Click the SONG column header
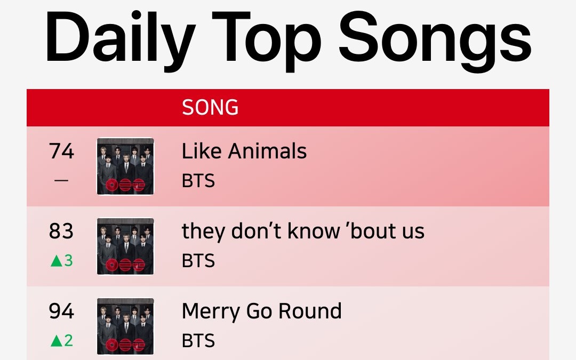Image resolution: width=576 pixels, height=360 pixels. (x=210, y=108)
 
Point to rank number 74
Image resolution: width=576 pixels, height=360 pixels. (x=61, y=151)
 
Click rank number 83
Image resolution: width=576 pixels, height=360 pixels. (x=61, y=231)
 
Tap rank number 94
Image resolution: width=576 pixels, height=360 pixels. (x=61, y=311)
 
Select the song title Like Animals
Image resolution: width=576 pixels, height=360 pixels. (x=244, y=151)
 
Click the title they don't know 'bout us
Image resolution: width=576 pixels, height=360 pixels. (x=303, y=231)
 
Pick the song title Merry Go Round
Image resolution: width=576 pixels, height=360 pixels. (x=261, y=311)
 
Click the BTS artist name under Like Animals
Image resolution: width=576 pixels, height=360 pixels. (x=198, y=181)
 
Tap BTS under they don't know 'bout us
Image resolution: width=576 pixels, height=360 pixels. (x=198, y=261)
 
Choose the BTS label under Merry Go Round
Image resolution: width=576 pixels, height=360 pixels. (x=198, y=341)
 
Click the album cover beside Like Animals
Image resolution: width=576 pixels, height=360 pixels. (x=125, y=166)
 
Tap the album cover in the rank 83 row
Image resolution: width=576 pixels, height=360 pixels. (x=125, y=246)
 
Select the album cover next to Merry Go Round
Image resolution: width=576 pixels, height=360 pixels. (x=125, y=326)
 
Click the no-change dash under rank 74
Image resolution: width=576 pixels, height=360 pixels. (x=61, y=181)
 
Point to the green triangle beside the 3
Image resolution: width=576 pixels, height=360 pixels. (x=56, y=261)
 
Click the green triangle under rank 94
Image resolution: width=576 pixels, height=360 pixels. (x=56, y=341)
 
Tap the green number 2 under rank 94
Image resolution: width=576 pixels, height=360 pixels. (x=68, y=341)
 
